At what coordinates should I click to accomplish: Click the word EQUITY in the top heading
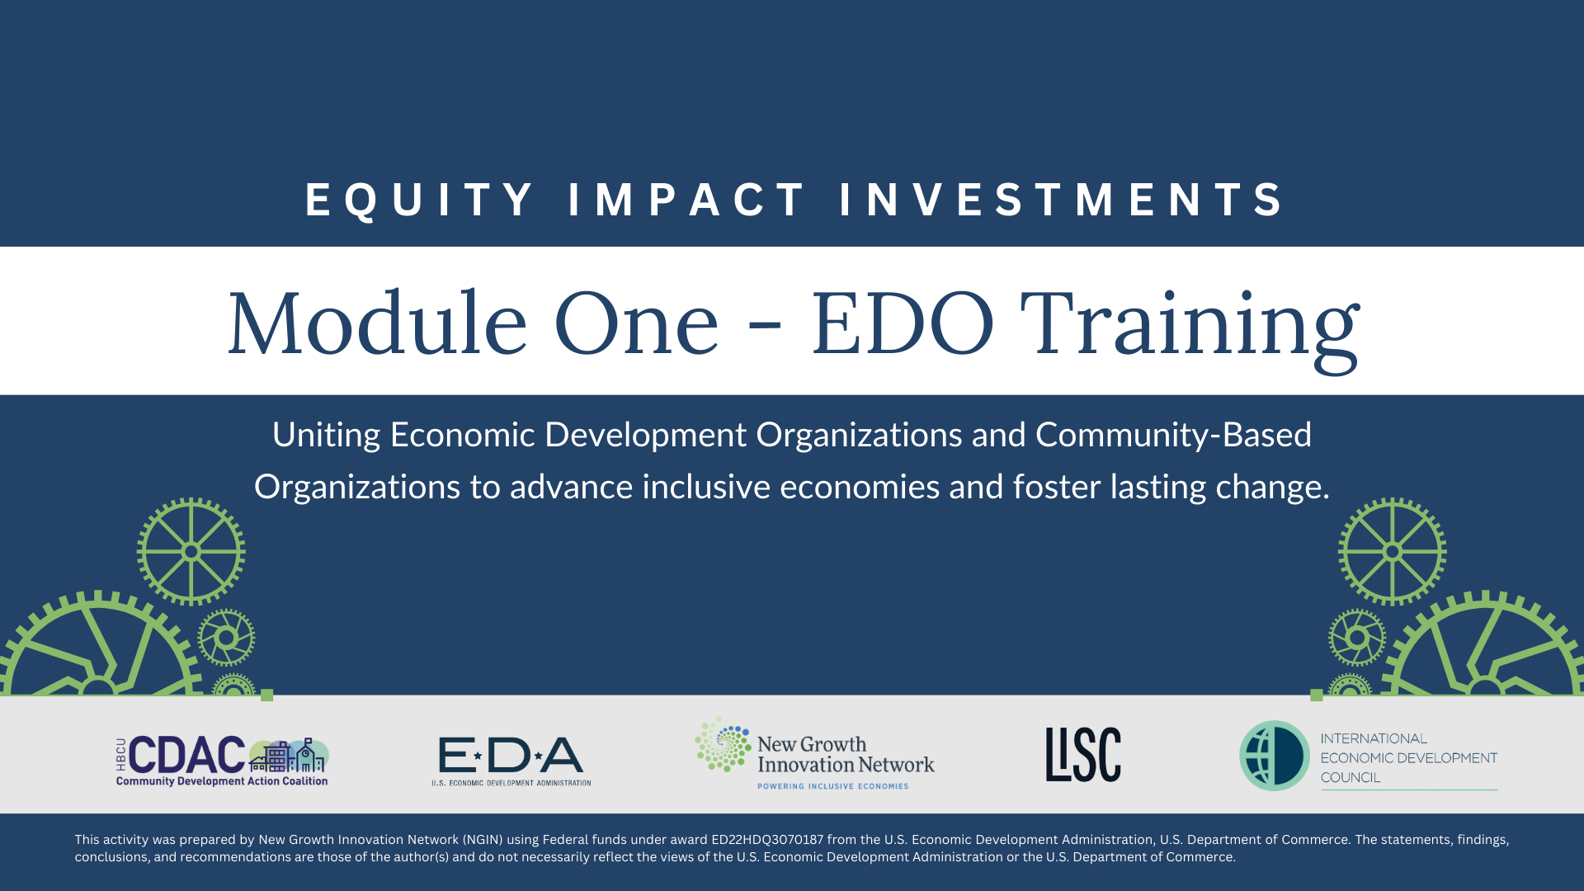click(x=420, y=200)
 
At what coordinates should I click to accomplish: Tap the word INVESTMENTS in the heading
click(x=1063, y=200)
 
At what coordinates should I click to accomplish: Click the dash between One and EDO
click(x=765, y=329)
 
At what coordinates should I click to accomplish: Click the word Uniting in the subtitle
click(x=326, y=435)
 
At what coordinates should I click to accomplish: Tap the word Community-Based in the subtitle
click(x=1173, y=435)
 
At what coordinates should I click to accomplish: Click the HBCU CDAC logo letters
click(x=186, y=755)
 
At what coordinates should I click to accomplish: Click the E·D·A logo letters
click(x=511, y=756)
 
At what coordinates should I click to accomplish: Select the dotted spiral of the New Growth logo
click(x=723, y=744)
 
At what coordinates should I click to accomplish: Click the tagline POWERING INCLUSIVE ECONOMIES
click(x=832, y=786)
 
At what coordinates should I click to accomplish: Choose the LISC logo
click(x=1083, y=754)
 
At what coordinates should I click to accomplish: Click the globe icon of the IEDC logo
click(x=1275, y=756)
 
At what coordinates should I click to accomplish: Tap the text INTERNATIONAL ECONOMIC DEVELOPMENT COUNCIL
click(x=1407, y=757)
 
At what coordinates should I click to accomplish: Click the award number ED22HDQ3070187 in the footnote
click(x=767, y=840)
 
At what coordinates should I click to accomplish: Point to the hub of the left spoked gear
click(x=191, y=551)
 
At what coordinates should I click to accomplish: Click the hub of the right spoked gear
click(x=1392, y=551)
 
